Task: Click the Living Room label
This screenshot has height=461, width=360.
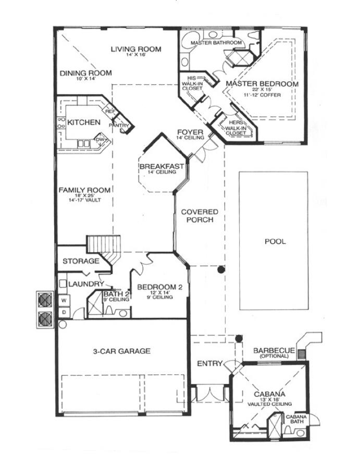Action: [135, 49]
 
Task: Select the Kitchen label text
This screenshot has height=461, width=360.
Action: [84, 122]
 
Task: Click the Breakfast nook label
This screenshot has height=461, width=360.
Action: [162, 166]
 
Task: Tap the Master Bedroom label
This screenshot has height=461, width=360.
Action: [262, 84]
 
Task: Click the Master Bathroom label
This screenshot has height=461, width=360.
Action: [216, 42]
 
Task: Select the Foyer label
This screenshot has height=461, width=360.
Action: [187, 132]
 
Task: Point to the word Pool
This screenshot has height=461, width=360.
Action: [275, 242]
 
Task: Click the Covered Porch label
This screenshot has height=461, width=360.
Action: [200, 216]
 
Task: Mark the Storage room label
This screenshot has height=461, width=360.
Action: [81, 261]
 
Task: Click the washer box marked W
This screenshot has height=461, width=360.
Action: [65, 301]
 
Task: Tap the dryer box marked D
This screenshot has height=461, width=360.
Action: [65, 312]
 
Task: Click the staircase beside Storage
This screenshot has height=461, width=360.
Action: [103, 245]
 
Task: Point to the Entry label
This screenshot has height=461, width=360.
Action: [210, 363]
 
